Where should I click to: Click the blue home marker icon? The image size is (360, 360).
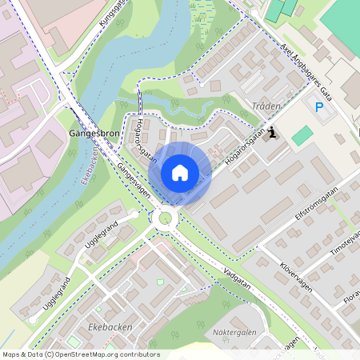pos(180,172)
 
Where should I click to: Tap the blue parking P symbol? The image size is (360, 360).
pos(318,107)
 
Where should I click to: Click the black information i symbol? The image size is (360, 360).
pos(274,134)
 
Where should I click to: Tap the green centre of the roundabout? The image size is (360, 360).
pos(166,217)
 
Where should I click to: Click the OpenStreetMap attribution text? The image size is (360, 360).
pos(80,354)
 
